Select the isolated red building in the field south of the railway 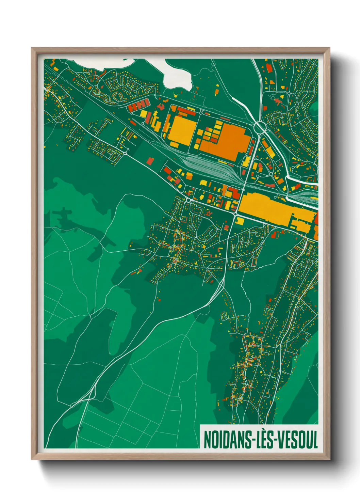click(150, 160)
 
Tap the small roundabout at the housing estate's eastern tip click(125, 154)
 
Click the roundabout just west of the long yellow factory click(235, 214)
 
